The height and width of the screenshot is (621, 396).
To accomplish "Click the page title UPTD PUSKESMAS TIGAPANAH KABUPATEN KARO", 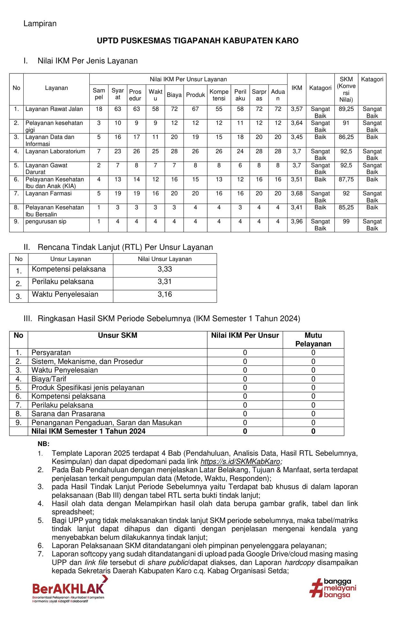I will tap(198, 41).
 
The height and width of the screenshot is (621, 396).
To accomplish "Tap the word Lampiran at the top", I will tap(40, 24).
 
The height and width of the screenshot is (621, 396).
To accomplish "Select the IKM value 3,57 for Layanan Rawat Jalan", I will tap(297, 109).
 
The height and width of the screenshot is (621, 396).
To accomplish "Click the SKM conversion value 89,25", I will tap(346, 109).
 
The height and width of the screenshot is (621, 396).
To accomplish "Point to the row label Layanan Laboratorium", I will tap(55, 151).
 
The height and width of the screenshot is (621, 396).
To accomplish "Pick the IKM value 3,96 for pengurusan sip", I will tap(297, 222).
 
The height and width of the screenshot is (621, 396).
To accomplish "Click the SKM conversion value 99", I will tap(346, 222).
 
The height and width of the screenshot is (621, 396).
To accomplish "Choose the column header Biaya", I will tap(174, 95).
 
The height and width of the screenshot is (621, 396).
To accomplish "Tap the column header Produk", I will tap(196, 95).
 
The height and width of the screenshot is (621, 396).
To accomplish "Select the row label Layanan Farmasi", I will tap(49, 193).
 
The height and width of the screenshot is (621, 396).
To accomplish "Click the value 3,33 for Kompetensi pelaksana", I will tap(165, 269).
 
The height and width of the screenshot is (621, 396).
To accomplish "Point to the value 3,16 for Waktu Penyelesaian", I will tap(165, 295).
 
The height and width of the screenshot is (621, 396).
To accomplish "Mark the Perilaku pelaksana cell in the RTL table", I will tap(63, 282).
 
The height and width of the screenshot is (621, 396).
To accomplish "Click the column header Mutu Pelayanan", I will tap(313, 340).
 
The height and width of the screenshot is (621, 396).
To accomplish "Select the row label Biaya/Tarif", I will tap(49, 379).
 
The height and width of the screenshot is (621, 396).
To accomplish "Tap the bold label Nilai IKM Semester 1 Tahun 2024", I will tap(88, 431).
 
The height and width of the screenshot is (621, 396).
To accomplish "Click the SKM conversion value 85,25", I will tap(346, 208).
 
